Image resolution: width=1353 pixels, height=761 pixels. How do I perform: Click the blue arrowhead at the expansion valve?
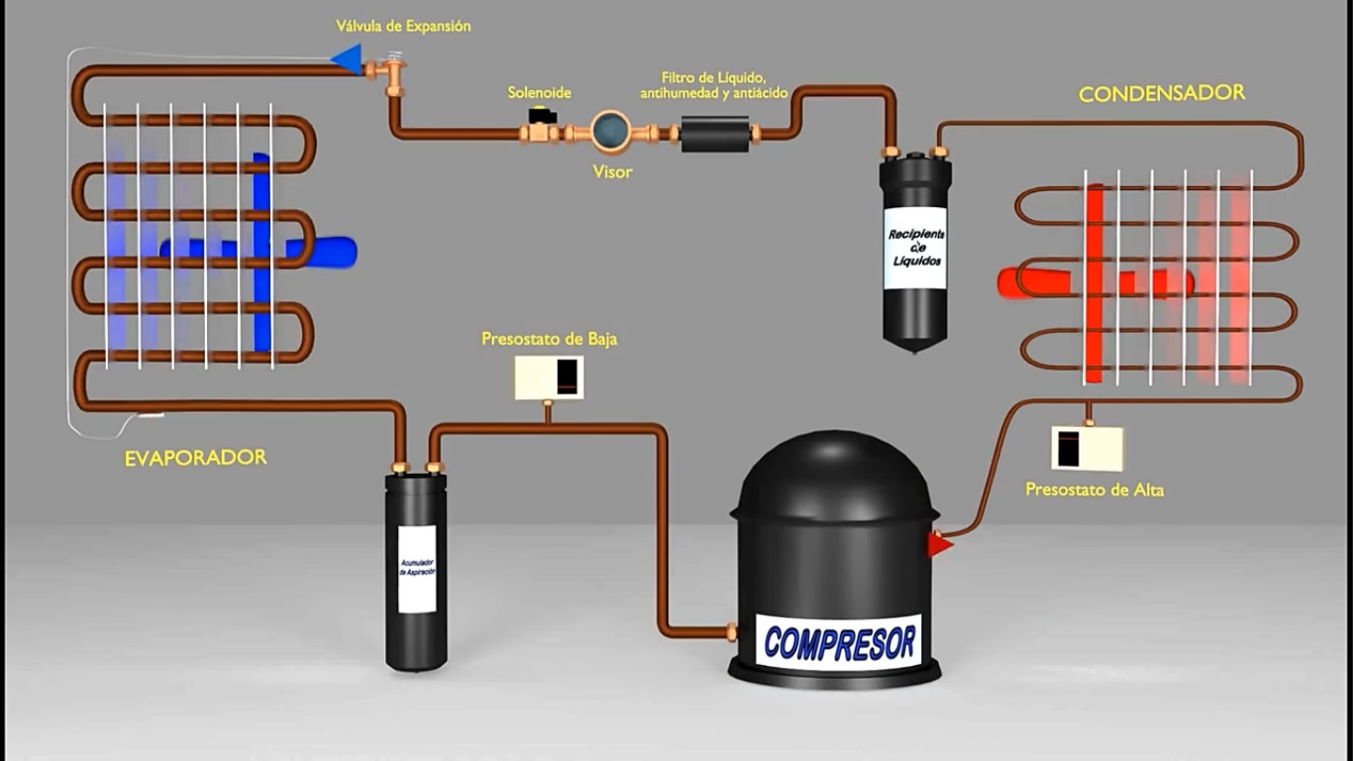pos(348,58)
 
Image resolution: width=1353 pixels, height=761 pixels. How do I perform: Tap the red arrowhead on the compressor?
pos(938,544)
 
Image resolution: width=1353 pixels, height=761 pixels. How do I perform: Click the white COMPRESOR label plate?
pos(840,642)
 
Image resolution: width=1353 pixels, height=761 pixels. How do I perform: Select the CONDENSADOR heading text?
pos(1161,93)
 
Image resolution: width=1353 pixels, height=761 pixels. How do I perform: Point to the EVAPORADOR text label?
pos(195,458)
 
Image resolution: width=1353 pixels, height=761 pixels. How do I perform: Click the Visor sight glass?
pos(611,131)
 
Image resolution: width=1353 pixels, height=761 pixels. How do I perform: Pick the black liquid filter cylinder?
pos(715,133)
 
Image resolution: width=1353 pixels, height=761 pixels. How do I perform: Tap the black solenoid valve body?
pos(541,117)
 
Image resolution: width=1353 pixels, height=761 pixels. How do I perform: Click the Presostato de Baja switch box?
pos(548,378)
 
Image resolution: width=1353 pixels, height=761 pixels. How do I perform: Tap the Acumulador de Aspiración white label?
pos(417,569)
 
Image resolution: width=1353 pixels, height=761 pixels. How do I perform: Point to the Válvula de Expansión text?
pos(403,26)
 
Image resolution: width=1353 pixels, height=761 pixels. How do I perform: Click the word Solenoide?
pos(539,92)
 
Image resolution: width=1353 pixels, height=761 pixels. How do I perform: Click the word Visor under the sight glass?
pos(612,171)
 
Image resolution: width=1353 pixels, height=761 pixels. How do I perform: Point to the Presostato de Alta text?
pos(1093,489)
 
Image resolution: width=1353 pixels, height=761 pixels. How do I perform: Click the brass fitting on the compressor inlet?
pos(731,629)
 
